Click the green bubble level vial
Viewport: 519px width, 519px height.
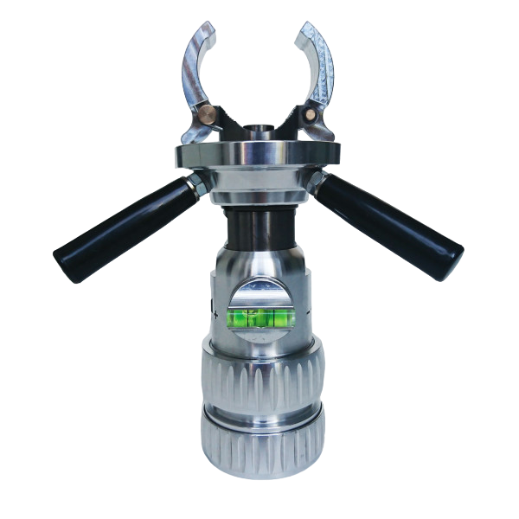click(260, 319)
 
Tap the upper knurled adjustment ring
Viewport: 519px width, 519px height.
click(259, 376)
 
